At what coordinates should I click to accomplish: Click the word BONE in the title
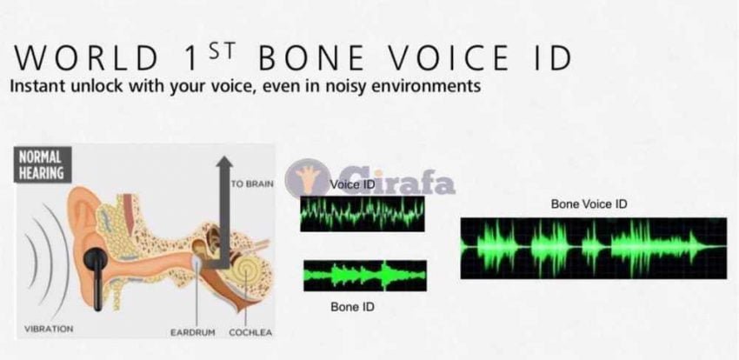point(311,58)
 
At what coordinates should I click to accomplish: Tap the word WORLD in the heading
point(86,58)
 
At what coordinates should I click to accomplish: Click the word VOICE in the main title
point(449,58)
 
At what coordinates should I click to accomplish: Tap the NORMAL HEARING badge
point(43,164)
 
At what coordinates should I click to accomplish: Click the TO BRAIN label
point(252,183)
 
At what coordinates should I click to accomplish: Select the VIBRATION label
point(49,329)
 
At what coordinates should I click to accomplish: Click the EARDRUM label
point(193,332)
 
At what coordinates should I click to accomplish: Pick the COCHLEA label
point(250,332)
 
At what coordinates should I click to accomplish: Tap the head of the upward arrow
point(224,163)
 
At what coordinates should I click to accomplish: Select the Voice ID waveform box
point(363,214)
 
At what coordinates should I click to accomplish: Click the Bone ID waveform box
point(365,276)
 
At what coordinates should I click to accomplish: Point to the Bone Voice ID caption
point(589,204)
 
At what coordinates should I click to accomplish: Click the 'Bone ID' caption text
point(352,307)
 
